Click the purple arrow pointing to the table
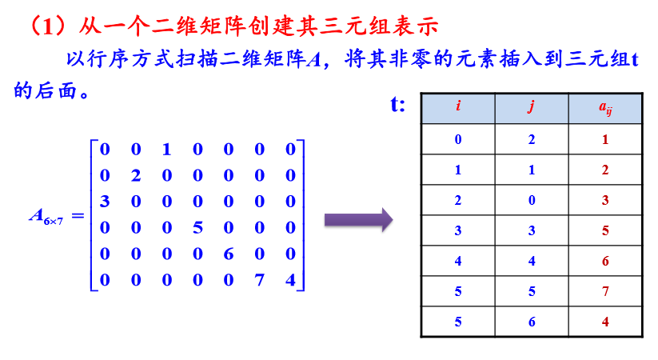[357, 218]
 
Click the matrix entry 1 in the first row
[166, 149]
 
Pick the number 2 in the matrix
[135, 175]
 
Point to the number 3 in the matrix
[104, 201]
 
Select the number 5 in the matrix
[197, 227]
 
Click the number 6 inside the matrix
[228, 254]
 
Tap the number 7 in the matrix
[259, 280]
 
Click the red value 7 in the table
[605, 292]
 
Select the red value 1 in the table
[605, 139]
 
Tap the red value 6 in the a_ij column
[605, 262]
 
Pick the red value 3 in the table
[605, 200]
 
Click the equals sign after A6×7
[78, 214]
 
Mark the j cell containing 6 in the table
[532, 322]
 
